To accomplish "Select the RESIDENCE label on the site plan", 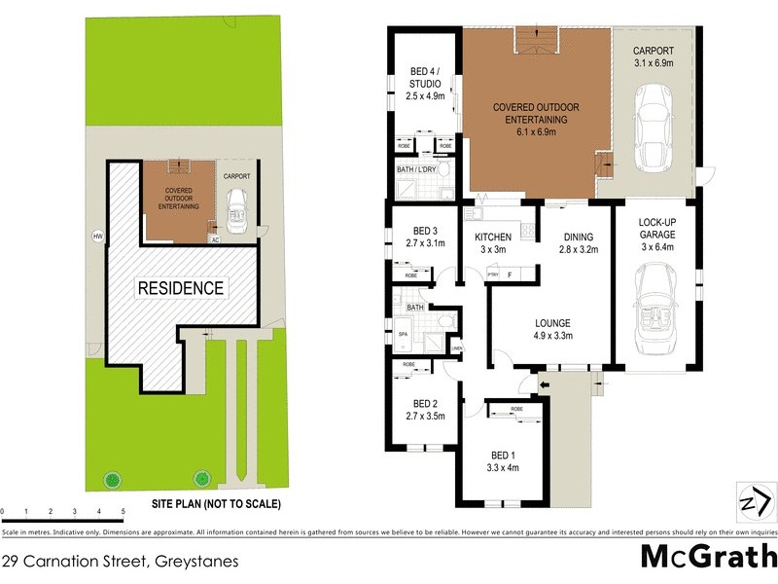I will tap(180, 288).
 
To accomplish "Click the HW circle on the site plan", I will tap(97, 236).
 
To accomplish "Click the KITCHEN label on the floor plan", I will tap(492, 237).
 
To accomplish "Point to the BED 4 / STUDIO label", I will tap(422, 78).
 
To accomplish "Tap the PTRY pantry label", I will tap(493, 275).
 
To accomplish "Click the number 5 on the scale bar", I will tap(123, 511).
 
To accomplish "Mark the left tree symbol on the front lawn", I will tap(113, 478).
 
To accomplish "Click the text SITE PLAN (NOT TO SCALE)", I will tap(215, 504).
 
